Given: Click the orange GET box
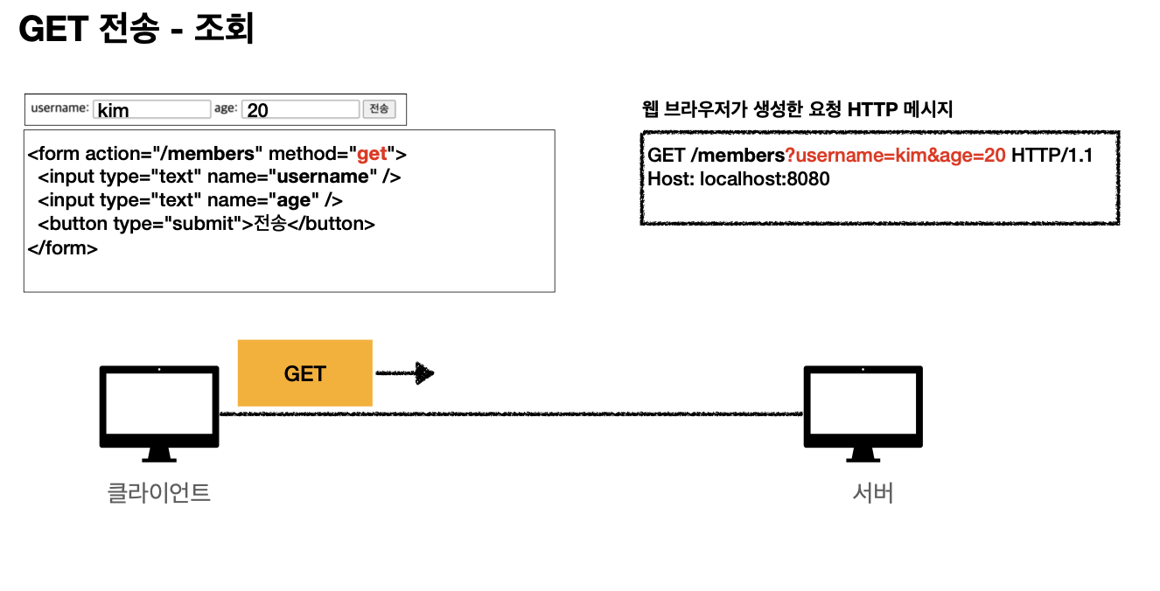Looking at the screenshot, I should pos(304,373).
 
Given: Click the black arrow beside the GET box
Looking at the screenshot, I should pos(405,373).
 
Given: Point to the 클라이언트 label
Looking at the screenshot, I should pos(158,492).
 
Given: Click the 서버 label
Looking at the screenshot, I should pos(872,493).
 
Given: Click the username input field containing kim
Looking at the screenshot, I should pos(151,109).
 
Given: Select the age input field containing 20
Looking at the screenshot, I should pos(300,109).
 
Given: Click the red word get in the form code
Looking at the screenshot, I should pos(372,154).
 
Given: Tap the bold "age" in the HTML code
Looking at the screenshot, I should pos(294,200).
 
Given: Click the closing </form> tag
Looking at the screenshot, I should pos(63,247).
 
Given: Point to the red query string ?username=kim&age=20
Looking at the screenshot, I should pos(894,156).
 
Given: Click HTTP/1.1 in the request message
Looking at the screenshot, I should pos(1052,156).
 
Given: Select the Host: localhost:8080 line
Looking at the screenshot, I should pos(738,179).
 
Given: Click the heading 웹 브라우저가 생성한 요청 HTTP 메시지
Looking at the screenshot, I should pos(797,109).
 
